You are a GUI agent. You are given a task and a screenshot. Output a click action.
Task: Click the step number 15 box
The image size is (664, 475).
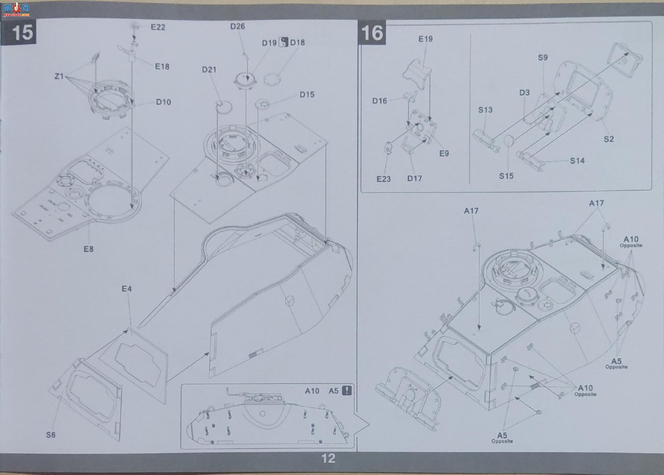coord(19,32)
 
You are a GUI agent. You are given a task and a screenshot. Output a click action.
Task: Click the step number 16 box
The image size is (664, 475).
coord(372,33)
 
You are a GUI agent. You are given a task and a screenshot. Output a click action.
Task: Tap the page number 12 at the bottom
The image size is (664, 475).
coord(328,458)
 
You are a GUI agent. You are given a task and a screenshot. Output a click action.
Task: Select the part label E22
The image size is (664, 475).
coord(158,27)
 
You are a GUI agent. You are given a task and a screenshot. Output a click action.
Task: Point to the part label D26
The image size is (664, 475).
coord(237,27)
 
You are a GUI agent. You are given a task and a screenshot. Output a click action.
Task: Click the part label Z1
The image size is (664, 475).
coord(59,76)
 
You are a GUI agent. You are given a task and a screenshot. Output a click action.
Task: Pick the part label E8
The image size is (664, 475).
coord(89,249)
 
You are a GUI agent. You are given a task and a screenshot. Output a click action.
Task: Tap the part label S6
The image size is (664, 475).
coord(51,435)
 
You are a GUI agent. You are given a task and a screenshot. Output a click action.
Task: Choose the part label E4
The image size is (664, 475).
coord(127,289)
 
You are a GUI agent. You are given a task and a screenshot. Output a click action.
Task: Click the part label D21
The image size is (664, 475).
coord(209,70)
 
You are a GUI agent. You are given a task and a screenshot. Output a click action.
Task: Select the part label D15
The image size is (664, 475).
coord(307,95)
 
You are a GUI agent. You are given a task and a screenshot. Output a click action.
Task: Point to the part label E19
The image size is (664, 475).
coord(425,39)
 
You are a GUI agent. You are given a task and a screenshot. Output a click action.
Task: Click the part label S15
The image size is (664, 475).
coord(506,176)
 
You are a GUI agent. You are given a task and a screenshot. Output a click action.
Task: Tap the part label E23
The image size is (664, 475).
coord(384,179)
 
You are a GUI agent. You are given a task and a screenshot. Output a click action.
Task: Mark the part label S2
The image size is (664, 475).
coord(609,139)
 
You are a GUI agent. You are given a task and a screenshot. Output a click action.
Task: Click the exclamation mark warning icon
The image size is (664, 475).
coord(347,391)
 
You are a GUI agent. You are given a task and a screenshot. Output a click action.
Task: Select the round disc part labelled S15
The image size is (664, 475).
coord(508,140)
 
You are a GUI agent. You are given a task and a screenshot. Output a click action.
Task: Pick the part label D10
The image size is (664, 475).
coord(163,102)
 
